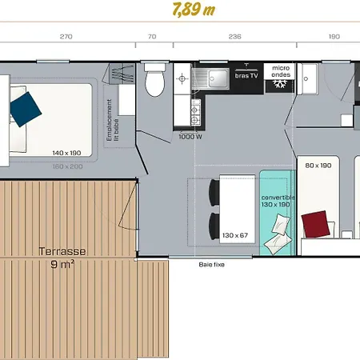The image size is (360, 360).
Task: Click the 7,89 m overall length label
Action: (194, 10)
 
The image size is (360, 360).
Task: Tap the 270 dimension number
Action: (66, 37)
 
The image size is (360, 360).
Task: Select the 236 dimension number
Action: (235, 37)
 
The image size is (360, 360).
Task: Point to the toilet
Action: (154, 79)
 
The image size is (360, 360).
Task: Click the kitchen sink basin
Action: (218, 78)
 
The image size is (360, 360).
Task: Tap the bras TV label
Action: (246, 76)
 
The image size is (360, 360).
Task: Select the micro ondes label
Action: (281, 71)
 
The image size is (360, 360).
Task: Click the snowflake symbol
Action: (279, 84)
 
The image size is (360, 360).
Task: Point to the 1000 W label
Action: (190, 137)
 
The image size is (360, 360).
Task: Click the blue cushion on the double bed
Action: (26, 110)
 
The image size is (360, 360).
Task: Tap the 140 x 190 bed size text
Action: (66, 153)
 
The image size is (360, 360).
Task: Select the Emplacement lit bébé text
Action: (112, 120)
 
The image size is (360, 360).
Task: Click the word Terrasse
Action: (62, 251)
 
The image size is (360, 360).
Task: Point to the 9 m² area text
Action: (62, 265)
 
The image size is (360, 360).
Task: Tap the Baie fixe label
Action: (212, 265)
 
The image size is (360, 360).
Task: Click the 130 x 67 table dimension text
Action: (235, 235)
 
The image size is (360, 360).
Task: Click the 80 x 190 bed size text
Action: (318, 166)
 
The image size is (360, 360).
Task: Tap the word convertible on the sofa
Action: (278, 198)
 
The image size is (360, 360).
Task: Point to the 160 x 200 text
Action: (68, 166)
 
